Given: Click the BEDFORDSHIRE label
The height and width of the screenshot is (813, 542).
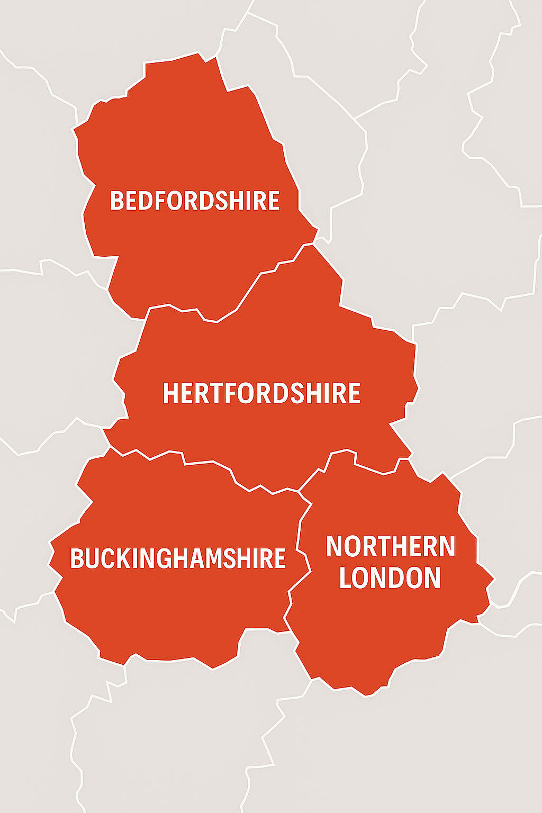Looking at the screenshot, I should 195,201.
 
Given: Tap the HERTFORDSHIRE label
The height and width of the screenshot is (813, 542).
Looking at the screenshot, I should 261,393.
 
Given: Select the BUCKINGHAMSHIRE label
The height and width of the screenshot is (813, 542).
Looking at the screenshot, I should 178,559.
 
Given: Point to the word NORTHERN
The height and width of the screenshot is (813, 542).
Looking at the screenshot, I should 391,547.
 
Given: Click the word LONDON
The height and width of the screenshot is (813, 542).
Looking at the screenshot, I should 390,577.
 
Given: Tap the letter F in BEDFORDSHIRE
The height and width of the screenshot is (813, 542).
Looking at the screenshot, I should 159,201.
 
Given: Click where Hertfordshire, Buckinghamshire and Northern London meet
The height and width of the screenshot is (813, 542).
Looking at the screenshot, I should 299,492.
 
